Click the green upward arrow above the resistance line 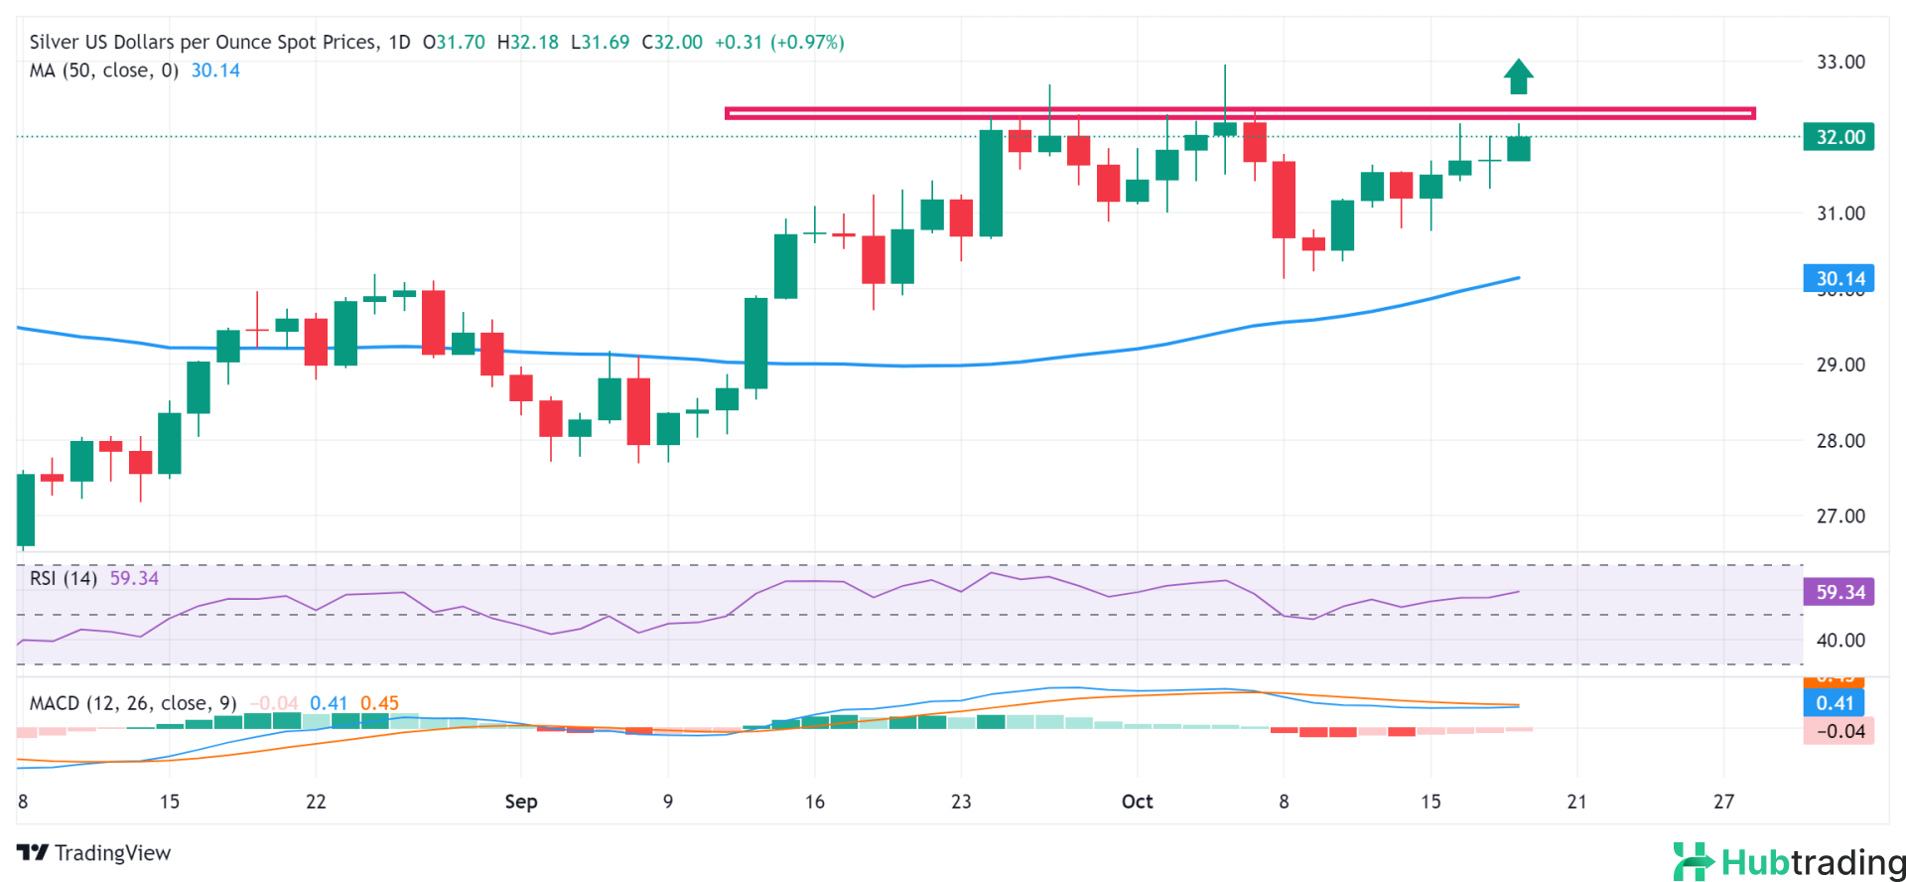tap(1518, 76)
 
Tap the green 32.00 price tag tap(1838, 137)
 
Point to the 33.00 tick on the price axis tap(1840, 62)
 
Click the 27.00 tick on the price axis tap(1840, 515)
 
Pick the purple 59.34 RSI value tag tap(1838, 592)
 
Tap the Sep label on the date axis tap(521, 802)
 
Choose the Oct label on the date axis tap(1137, 802)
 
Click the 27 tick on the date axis tap(1723, 802)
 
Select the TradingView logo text tap(94, 853)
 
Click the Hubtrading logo tap(1788, 862)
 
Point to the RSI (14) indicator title tap(64, 578)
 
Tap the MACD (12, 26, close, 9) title tap(133, 703)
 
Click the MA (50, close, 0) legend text tap(103, 71)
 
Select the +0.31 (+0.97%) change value tap(779, 42)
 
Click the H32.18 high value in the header tap(527, 42)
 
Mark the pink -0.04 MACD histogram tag tap(1838, 732)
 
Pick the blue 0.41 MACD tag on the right tap(1835, 703)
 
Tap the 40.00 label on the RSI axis tap(1840, 641)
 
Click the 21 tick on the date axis tap(1576, 802)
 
